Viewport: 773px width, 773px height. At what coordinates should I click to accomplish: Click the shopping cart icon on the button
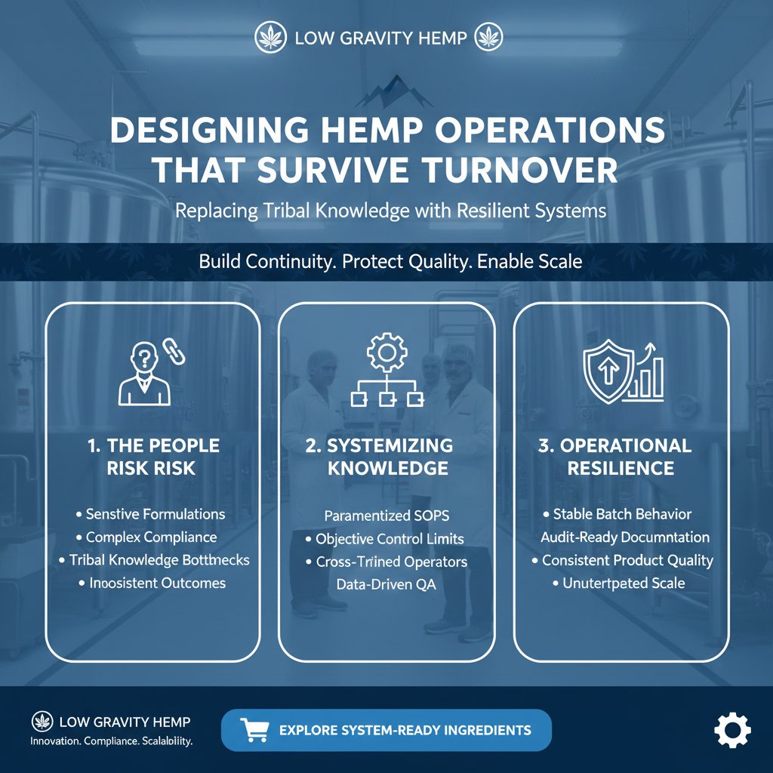254,729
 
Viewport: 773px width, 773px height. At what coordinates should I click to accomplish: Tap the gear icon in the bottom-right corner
731,731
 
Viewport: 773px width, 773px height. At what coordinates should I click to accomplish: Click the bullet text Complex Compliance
151,537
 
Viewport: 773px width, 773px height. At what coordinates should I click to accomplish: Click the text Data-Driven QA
386,584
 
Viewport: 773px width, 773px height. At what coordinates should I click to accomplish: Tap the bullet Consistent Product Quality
627,560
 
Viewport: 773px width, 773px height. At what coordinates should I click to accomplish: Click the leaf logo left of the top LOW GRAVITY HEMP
268,36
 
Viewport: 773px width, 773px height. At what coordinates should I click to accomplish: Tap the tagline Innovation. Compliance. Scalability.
112,741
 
